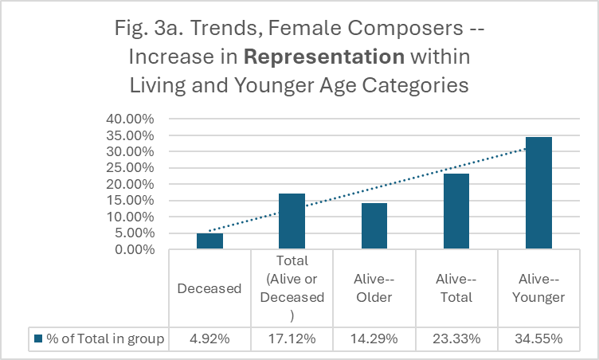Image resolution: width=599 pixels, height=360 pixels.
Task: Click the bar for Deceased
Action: [209, 241]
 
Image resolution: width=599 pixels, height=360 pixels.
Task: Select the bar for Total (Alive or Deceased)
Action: [292, 221]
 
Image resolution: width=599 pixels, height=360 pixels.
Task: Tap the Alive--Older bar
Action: [374, 226]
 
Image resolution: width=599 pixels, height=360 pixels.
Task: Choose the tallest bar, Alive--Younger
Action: [538, 193]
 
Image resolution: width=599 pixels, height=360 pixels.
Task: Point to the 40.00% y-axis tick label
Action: [131, 119]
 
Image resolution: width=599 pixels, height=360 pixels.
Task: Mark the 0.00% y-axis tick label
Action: [134, 249]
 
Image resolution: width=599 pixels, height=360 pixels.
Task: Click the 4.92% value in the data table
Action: [209, 339]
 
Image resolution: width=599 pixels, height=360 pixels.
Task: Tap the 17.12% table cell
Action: [292, 339]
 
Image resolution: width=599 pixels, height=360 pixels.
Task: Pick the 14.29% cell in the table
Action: [374, 339]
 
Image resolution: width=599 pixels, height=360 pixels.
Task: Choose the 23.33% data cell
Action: [456, 339]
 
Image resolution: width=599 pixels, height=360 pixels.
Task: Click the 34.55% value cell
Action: [538, 339]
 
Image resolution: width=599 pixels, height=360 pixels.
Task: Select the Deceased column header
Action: [209, 288]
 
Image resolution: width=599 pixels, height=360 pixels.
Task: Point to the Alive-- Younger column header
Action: [538, 288]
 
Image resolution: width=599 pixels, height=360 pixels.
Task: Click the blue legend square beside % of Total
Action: [37, 339]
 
